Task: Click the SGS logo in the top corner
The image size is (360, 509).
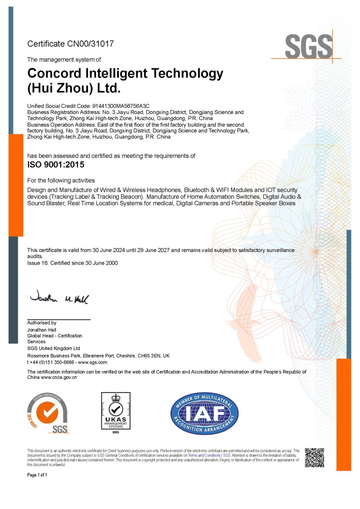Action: coord(309,46)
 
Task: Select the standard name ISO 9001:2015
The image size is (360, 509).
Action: coord(56,165)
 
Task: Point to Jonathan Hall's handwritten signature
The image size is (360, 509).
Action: coord(58,298)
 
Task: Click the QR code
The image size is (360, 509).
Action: coord(314,457)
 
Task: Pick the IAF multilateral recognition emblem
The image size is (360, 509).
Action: coord(204,413)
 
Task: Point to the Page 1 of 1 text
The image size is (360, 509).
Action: coord(37,475)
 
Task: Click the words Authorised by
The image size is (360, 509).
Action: coord(42,323)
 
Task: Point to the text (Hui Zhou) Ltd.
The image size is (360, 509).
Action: coord(74,88)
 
